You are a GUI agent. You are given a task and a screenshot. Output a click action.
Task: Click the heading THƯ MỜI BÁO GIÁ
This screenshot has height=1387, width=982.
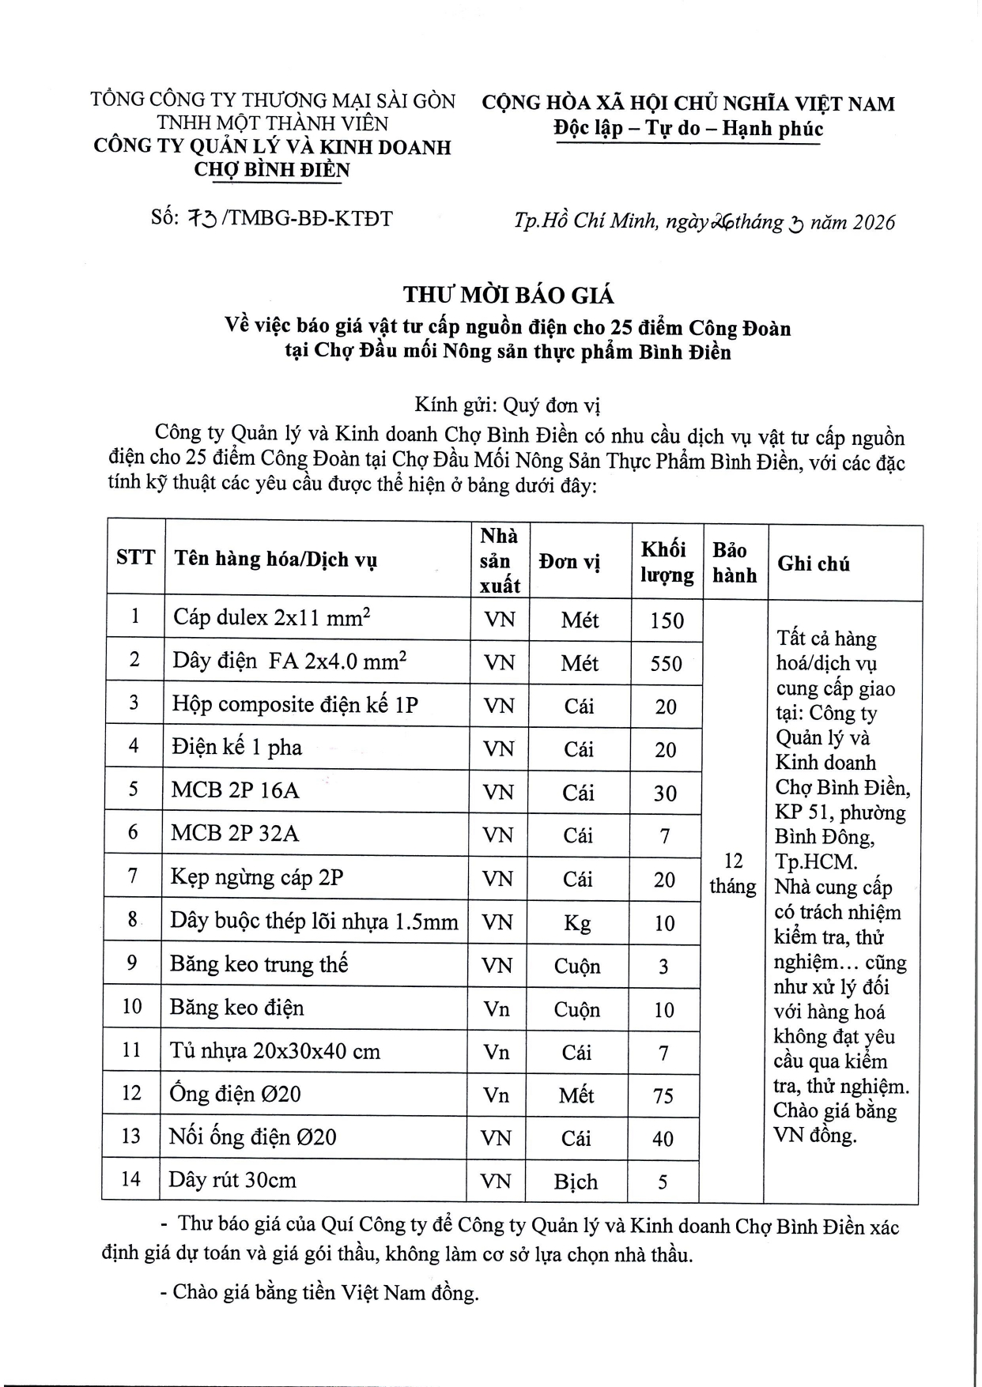(x=508, y=296)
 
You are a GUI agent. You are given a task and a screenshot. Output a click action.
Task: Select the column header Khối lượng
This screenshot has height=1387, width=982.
(x=667, y=562)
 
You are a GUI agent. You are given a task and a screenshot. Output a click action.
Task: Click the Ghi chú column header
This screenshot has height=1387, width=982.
(x=814, y=563)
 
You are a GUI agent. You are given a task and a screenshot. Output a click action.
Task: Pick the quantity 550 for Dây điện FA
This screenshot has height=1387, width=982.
(x=666, y=662)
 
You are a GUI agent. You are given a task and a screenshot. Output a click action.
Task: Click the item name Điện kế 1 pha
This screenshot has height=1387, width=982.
(x=236, y=748)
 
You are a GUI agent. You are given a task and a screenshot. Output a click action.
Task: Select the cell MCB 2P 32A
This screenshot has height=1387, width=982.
(x=235, y=834)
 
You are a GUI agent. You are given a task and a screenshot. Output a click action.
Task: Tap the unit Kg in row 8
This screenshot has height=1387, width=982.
(x=577, y=922)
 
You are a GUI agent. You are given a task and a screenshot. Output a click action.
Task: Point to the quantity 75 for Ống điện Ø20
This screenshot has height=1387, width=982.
(x=663, y=1095)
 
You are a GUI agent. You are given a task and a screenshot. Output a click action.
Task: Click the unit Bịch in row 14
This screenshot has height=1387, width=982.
(x=576, y=1182)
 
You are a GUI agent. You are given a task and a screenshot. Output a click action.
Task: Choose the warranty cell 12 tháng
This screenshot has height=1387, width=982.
(x=733, y=873)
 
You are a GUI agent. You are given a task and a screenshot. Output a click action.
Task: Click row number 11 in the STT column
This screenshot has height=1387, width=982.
(x=131, y=1050)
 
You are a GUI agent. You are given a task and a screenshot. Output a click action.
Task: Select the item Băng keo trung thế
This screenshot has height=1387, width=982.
(x=259, y=964)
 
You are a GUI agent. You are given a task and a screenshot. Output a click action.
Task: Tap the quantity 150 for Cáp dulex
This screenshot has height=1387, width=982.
(x=667, y=620)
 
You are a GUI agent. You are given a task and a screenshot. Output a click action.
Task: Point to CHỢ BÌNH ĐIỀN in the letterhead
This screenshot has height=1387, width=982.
(x=272, y=169)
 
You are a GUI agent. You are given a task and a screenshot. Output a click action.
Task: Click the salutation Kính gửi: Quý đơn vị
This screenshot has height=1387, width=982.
(x=508, y=405)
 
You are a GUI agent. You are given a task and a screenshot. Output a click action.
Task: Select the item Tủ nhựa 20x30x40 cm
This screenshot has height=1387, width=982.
(x=274, y=1051)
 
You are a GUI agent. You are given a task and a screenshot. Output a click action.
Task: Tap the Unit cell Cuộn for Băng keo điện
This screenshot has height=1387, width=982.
(x=576, y=1009)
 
